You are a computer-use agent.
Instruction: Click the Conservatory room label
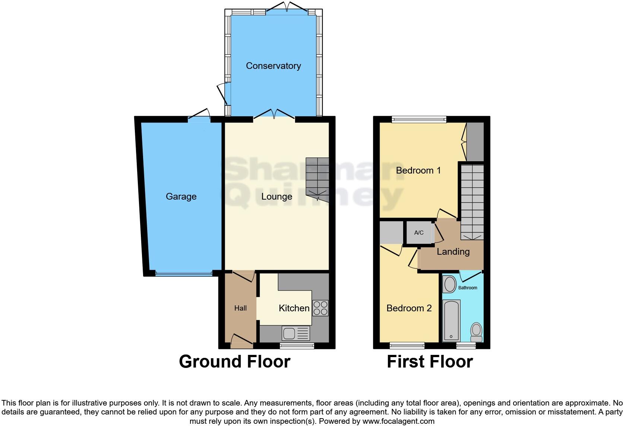(x=273, y=66)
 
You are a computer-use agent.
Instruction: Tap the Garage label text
(x=181, y=197)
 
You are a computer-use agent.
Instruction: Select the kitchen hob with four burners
(x=320, y=308)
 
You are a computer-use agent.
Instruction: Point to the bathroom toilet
(x=476, y=332)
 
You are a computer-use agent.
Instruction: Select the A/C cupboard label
(x=419, y=233)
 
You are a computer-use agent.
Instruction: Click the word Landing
(x=453, y=252)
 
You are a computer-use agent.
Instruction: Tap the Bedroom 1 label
(x=418, y=171)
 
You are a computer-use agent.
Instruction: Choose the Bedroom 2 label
(x=409, y=308)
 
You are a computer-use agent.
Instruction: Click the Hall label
(x=240, y=308)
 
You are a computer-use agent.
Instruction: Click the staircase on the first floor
(x=472, y=201)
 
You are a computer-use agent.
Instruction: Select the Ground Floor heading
(x=234, y=362)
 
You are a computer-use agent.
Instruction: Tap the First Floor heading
(x=430, y=362)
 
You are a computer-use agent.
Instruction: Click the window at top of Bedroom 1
(x=419, y=120)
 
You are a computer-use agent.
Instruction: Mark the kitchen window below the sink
(x=297, y=346)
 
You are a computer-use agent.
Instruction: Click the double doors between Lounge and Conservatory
(x=274, y=115)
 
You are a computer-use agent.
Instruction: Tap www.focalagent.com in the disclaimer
(x=398, y=422)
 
